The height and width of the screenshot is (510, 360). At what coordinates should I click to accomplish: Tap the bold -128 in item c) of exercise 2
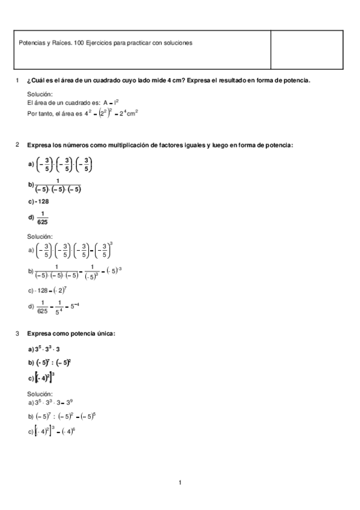click(x=43, y=202)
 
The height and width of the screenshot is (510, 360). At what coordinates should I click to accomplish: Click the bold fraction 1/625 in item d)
click(x=42, y=218)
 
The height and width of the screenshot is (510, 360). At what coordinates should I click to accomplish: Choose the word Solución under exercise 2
click(x=40, y=236)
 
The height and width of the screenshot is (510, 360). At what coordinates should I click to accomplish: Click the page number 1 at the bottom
click(x=180, y=482)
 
